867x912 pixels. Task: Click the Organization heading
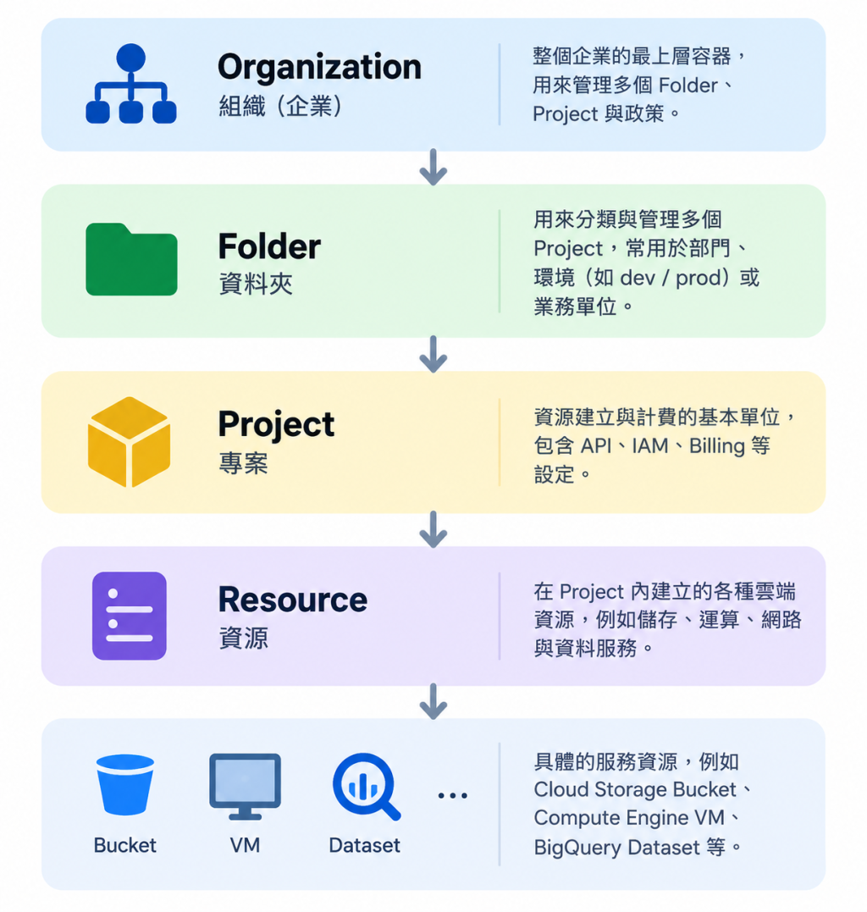point(319,68)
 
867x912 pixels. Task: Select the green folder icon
point(131,259)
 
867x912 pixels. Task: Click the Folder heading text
point(269,246)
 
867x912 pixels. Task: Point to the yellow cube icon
point(129,442)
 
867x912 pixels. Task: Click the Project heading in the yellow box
point(276,425)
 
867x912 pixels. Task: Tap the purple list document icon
point(129,616)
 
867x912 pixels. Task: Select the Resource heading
point(292,600)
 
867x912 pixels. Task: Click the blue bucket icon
point(125,785)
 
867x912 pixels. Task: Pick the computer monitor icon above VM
point(245,787)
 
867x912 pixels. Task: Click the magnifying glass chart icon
point(367,787)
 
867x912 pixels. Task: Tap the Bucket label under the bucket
point(125,845)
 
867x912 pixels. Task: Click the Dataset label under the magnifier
point(365,845)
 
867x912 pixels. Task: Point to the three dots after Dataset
point(452,796)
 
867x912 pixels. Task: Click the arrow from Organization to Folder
point(433,168)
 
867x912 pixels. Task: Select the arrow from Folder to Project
point(433,354)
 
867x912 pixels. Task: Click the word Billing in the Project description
point(717,446)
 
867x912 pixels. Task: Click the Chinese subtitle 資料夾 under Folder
point(256,285)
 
